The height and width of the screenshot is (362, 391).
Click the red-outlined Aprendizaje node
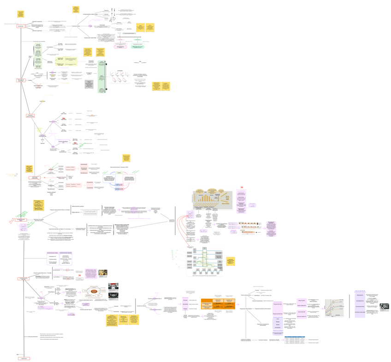(20, 26)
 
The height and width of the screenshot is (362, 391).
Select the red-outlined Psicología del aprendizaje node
(20, 80)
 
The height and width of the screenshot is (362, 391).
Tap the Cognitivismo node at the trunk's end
(24, 358)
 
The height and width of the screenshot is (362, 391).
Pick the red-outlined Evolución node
(30, 116)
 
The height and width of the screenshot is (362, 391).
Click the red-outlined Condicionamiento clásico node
(21, 220)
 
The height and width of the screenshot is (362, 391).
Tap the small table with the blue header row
(294, 340)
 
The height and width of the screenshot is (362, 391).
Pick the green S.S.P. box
(118, 173)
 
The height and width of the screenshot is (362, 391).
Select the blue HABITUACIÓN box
(119, 189)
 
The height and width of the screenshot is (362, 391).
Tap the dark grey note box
(89, 84)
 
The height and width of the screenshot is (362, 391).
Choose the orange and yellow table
(218, 303)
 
